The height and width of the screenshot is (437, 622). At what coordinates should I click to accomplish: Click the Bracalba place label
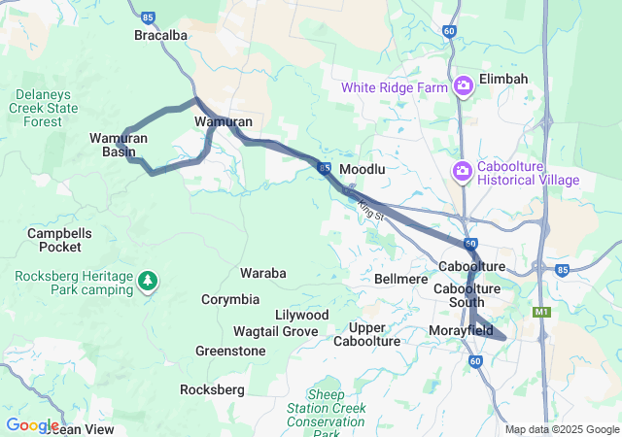tap(160, 35)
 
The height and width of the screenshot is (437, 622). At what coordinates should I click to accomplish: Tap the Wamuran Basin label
tap(119, 145)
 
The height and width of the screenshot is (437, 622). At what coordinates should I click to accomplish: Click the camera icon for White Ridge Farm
tap(463, 87)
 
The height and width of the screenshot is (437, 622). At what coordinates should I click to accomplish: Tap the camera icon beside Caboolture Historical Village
tap(463, 172)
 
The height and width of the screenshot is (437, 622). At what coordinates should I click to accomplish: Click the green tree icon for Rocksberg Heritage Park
tap(147, 282)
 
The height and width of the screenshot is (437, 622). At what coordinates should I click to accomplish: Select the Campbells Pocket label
tap(60, 240)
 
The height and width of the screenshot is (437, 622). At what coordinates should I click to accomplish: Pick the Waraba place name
tap(263, 273)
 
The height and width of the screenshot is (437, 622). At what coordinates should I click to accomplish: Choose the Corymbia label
tap(230, 299)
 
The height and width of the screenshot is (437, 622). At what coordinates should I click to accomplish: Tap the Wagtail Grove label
tap(275, 331)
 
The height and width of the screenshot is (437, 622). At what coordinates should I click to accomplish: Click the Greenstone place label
tap(230, 351)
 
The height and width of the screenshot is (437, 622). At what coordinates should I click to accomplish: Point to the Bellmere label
tap(400, 279)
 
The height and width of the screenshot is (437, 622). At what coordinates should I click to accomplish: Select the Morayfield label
tap(461, 331)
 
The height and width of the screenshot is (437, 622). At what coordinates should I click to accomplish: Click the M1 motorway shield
tap(541, 313)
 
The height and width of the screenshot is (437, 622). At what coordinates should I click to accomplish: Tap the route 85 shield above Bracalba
tap(148, 17)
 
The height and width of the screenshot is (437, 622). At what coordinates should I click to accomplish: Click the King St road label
tap(372, 208)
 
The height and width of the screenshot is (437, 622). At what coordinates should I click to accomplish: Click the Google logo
tap(32, 425)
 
